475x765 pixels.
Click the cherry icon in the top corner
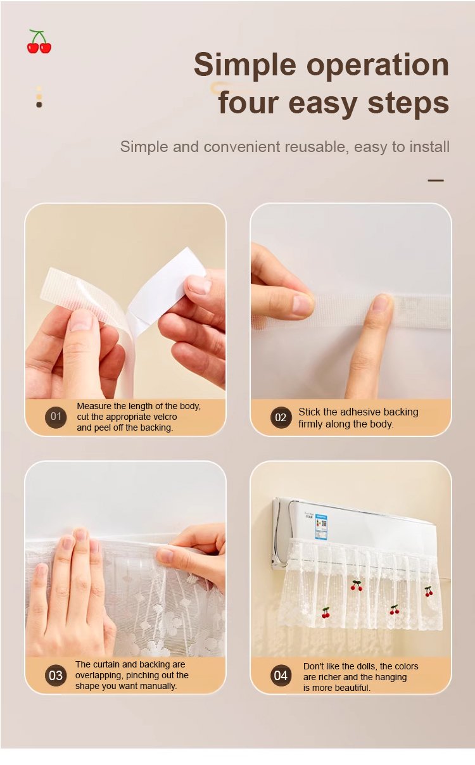39,41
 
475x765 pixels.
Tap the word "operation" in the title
377,66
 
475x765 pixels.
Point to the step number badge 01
56,417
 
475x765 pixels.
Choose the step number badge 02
281,417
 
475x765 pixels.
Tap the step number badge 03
56,676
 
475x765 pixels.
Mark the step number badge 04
281,676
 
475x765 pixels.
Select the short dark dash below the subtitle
436,180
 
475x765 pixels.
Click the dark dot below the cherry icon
39,104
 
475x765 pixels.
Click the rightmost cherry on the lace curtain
429,591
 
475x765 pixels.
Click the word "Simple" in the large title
245,66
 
